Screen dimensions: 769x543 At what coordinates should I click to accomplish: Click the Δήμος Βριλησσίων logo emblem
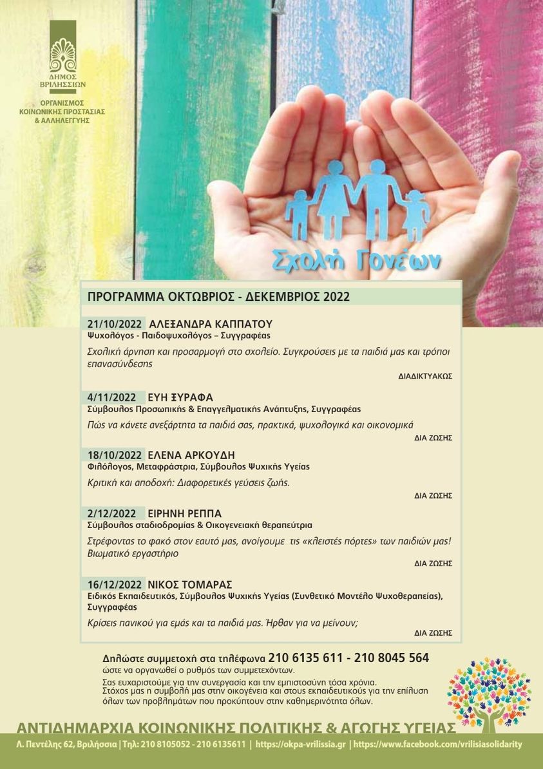pyautogui.click(x=63, y=55)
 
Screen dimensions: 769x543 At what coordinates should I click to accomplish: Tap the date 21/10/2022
pyautogui.click(x=115, y=324)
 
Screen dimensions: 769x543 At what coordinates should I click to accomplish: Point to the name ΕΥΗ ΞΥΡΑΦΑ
pyautogui.click(x=180, y=397)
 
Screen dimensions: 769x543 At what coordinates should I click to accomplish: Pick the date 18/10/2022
pyautogui.click(x=115, y=455)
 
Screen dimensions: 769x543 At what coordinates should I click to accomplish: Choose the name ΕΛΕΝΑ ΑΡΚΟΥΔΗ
pyautogui.click(x=191, y=455)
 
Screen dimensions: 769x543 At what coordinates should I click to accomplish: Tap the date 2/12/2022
pyautogui.click(x=112, y=513)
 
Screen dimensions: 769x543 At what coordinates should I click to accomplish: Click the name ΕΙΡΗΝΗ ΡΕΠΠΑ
pyautogui.click(x=185, y=513)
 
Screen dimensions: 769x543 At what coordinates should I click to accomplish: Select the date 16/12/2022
pyautogui.click(x=115, y=584)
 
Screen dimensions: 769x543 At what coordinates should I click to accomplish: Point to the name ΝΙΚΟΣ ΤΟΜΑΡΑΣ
pyautogui.click(x=190, y=584)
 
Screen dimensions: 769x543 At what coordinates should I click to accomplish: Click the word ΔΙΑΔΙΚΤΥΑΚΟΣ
pyautogui.click(x=425, y=375)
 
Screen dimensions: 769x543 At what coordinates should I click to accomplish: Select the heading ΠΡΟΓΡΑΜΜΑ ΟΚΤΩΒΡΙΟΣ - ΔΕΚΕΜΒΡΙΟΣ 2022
pyautogui.click(x=218, y=297)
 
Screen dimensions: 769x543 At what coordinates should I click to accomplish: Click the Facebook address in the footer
pyautogui.click(x=437, y=745)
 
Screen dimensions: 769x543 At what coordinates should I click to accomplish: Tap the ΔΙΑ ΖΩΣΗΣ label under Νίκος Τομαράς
pyautogui.click(x=433, y=633)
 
